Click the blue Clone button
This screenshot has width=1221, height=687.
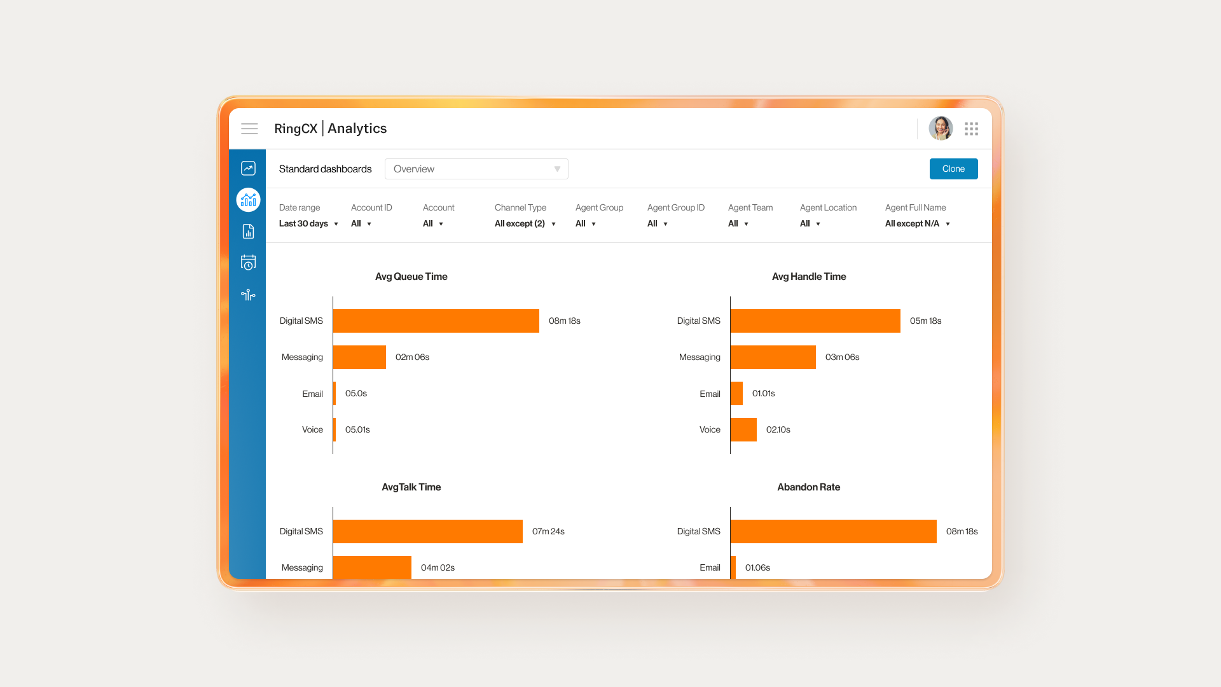(953, 169)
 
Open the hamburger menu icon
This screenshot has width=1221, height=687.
(249, 129)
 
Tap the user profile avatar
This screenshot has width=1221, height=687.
(941, 128)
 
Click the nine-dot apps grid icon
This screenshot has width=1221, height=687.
(971, 129)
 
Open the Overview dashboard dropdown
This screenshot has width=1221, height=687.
(476, 169)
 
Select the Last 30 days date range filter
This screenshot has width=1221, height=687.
(308, 224)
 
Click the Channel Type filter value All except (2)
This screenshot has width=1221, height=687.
(525, 224)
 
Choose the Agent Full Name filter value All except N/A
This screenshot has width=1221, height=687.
(917, 224)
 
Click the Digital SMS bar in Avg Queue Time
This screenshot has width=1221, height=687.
(436, 321)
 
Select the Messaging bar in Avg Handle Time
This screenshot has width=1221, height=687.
(773, 357)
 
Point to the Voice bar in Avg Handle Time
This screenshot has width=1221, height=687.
(743, 430)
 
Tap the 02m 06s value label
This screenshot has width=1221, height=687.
(412, 357)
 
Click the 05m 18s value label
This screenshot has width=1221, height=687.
(925, 321)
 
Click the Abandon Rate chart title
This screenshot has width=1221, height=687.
(808, 487)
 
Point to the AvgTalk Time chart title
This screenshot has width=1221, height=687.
(411, 487)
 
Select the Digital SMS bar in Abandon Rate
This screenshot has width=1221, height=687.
(833, 532)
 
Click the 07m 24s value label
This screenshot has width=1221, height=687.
(548, 532)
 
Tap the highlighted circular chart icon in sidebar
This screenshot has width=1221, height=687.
(248, 200)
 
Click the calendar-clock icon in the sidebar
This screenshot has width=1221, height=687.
(248, 263)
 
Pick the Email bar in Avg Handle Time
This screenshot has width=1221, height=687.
(736, 394)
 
